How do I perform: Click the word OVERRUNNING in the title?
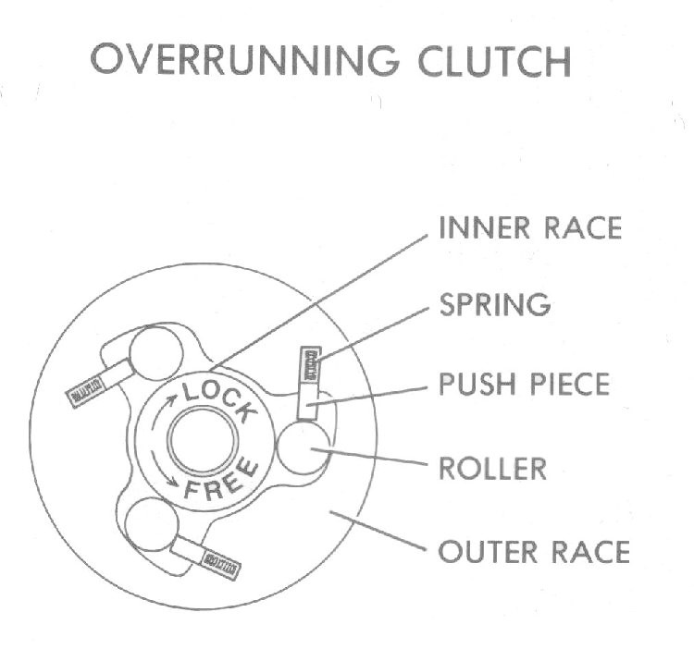(245, 60)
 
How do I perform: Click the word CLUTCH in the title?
(494, 61)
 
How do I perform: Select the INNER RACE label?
(530, 228)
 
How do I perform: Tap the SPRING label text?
(495, 304)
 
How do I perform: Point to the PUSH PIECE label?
(525, 384)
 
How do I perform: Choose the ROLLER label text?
(492, 469)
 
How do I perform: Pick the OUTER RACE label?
(534, 552)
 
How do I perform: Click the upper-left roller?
(156, 354)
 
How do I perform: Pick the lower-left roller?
(153, 524)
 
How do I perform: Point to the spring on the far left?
(86, 391)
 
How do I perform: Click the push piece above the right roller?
(308, 400)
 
